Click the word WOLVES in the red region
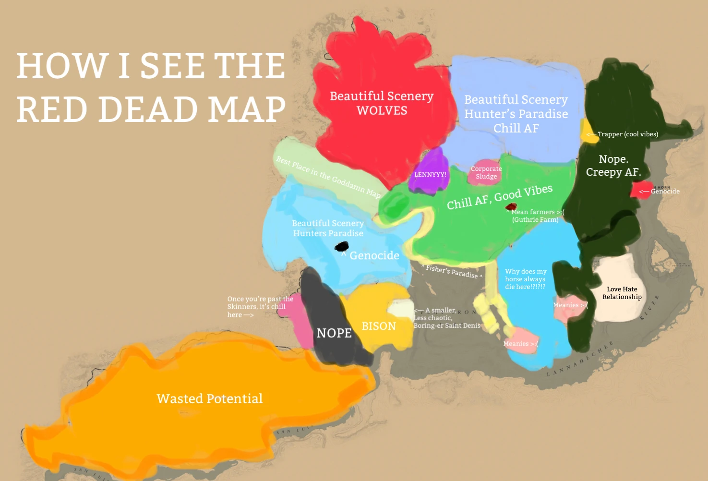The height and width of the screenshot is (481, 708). [382, 111]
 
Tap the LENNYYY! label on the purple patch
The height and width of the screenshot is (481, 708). [430, 174]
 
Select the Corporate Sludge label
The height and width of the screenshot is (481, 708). [486, 172]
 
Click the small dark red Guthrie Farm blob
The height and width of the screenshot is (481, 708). [511, 206]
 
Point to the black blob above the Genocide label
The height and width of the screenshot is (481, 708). [341, 247]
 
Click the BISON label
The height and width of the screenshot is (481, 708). [379, 326]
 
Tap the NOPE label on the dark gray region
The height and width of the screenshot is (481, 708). [334, 333]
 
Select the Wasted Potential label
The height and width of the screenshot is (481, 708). [209, 399]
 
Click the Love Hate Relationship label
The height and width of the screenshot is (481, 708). [622, 293]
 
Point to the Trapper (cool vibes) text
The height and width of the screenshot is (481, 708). [627, 134]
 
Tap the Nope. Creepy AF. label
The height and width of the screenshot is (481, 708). [613, 166]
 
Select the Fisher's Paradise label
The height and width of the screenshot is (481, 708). [452, 272]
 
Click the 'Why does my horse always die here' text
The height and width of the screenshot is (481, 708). [525, 279]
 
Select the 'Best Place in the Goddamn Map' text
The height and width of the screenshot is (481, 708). [328, 177]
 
